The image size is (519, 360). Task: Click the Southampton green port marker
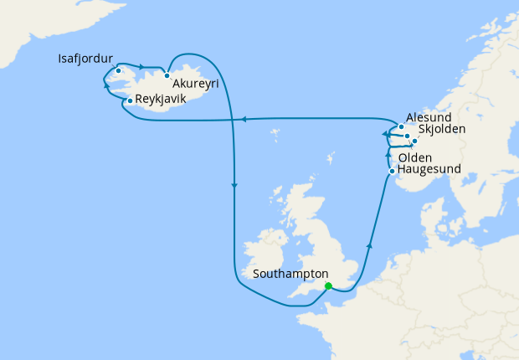point(328,285)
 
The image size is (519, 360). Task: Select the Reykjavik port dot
point(130,100)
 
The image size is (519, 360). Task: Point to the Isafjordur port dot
point(119,70)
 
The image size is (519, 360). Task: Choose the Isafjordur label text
point(85,59)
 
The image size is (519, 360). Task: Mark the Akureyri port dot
point(167,75)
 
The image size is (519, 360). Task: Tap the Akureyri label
point(198,84)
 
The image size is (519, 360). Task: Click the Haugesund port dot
point(392,172)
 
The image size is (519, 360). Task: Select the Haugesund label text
point(429,170)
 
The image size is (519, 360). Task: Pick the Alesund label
point(429,118)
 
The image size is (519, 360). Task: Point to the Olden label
point(415,157)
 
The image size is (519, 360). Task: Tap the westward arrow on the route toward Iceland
point(243,120)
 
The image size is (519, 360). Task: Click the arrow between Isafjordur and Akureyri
point(142,67)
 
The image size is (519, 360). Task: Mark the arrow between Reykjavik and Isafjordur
point(106,85)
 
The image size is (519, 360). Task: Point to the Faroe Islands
point(275,131)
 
